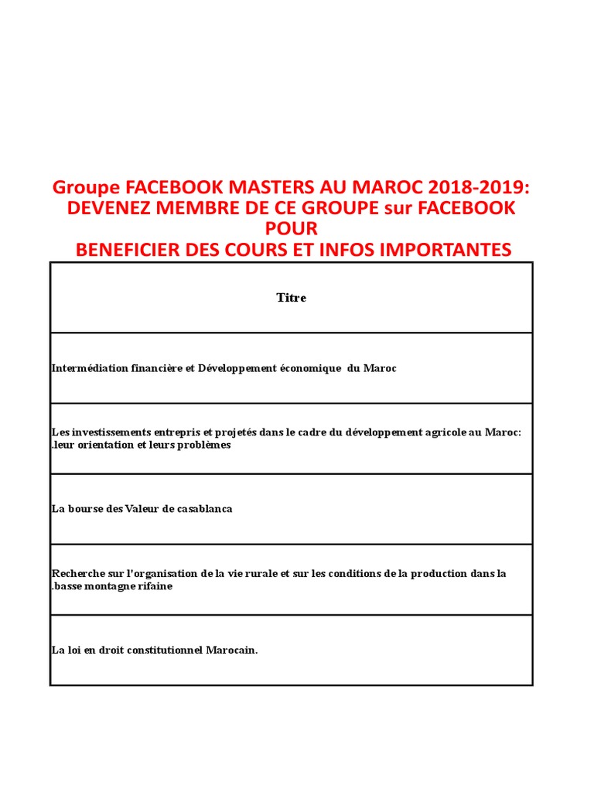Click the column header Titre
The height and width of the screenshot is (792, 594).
[292, 298]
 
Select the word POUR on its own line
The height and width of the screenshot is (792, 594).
[292, 229]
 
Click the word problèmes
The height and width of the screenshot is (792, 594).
[202, 445]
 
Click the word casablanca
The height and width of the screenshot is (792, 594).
[204, 509]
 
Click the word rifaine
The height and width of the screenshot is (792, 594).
[155, 586]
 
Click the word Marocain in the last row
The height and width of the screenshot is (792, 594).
[231, 650]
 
